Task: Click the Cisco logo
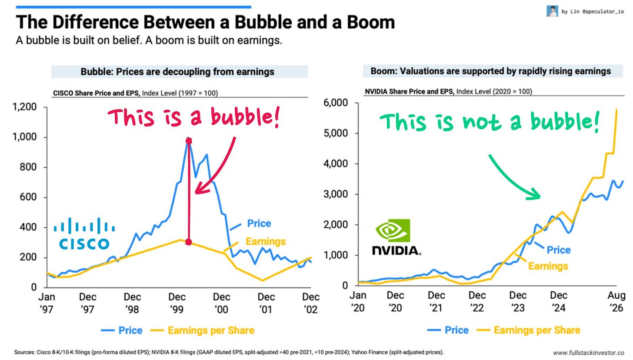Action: coord(84,233)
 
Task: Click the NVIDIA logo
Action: coord(396,237)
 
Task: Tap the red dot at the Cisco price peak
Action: coord(189,141)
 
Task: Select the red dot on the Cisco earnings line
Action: coord(189,242)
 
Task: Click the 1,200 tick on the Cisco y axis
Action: coord(25,107)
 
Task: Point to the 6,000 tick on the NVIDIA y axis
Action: coord(336,103)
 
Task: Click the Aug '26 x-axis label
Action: coord(616,302)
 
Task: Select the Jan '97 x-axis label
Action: coord(47,303)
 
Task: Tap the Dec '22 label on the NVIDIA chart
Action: coord(477,302)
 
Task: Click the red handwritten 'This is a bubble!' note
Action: coord(194,117)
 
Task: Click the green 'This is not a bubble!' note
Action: coord(490,122)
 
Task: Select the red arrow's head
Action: coord(201,188)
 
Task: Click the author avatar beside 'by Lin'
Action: coord(552,11)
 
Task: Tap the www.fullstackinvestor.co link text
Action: coord(588,353)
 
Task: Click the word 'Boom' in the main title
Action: coord(371,22)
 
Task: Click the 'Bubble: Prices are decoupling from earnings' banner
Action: coord(180,72)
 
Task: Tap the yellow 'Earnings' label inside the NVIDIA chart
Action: coord(548,266)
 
